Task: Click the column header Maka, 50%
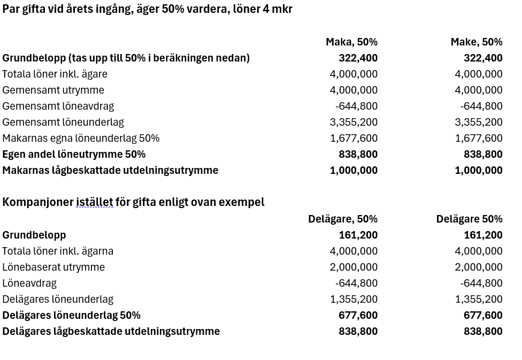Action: click(351, 42)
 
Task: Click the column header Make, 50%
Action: click(476, 42)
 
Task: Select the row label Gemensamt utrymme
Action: click(53, 90)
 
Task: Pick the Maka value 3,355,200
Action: click(354, 122)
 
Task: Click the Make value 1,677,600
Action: click(479, 138)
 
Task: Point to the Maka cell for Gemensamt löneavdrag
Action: click(356, 106)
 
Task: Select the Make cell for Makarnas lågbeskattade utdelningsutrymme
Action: click(479, 170)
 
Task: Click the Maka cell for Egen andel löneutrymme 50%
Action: click(358, 154)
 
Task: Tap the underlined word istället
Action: click(94, 202)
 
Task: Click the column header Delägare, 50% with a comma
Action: click(342, 219)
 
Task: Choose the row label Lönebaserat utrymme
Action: click(53, 267)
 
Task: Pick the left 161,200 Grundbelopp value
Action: click(358, 235)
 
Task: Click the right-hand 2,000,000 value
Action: click(479, 267)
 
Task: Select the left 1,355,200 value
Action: click(354, 299)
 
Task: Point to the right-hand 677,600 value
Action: click(483, 315)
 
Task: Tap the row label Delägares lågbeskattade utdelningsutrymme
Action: click(111, 331)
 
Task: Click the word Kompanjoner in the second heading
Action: click(37, 202)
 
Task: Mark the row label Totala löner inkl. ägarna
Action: click(58, 251)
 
